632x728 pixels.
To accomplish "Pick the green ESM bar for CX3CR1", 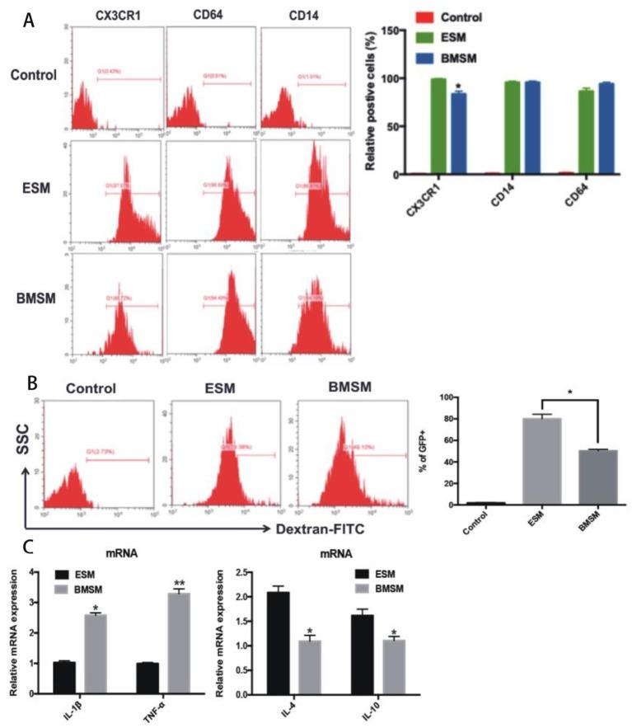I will pos(438,126).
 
